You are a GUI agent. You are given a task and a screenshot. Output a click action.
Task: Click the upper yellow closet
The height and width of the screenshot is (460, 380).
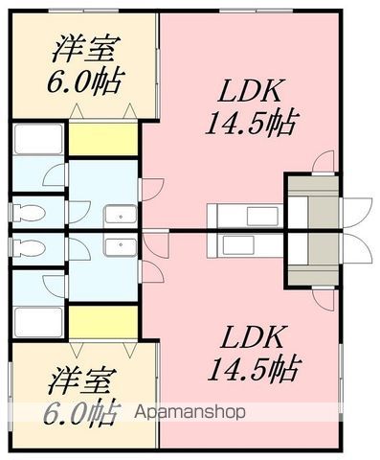[x=103, y=139]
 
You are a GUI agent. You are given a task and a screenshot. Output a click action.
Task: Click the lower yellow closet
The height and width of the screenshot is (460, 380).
[x=103, y=320]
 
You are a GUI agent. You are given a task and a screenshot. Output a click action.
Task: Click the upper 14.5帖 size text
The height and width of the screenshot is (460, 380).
[x=251, y=123]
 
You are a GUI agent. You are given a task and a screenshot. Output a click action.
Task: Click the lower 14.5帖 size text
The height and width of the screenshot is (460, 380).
[x=251, y=367]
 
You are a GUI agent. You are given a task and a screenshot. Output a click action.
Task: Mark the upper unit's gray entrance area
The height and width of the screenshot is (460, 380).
[x=309, y=202]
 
